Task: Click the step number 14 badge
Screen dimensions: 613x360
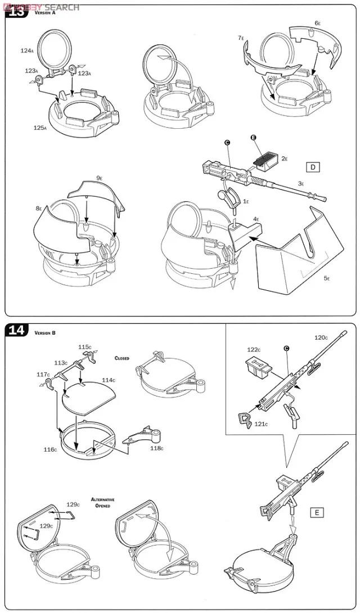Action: click(x=16, y=330)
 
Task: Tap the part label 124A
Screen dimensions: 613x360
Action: click(x=27, y=51)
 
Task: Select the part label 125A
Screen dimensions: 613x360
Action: click(x=40, y=128)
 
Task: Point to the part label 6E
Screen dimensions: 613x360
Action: click(x=318, y=23)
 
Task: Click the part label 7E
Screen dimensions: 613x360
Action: click(x=241, y=38)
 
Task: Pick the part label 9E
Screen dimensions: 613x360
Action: click(x=99, y=178)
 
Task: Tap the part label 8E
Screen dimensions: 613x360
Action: click(x=39, y=209)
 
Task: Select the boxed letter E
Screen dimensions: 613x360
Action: click(x=317, y=512)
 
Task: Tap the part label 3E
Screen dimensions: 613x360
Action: click(x=301, y=183)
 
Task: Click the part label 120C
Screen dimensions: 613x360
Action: click(x=321, y=338)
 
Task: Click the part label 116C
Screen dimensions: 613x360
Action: click(x=50, y=450)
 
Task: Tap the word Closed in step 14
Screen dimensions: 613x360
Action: click(x=122, y=358)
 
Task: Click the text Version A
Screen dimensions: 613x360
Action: click(x=46, y=13)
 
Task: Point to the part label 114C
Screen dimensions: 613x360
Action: click(x=109, y=380)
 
